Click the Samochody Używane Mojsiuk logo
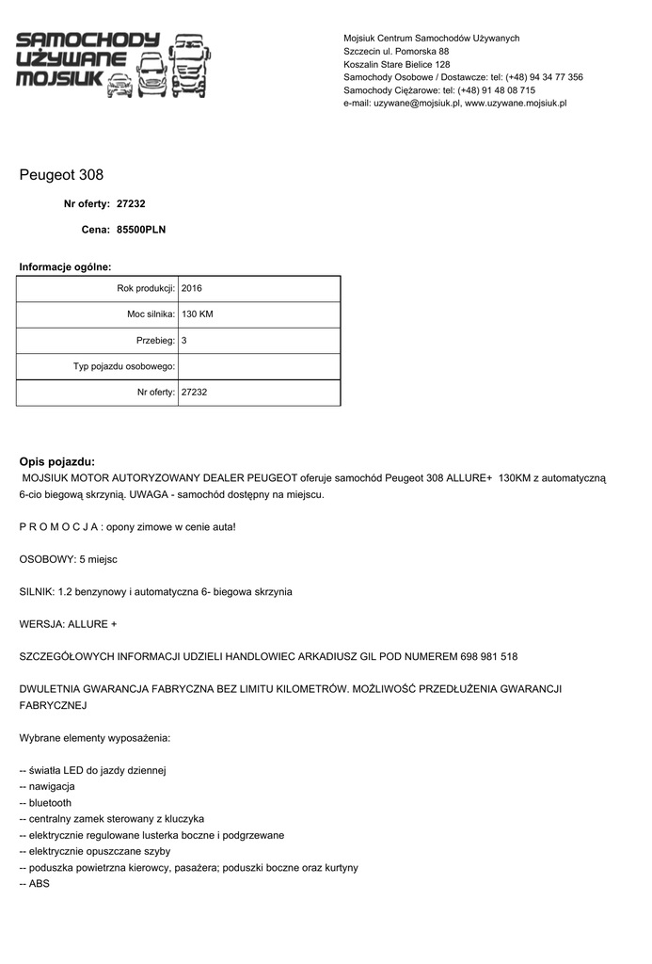113,64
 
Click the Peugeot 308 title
61,175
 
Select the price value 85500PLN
141,229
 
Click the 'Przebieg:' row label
155,340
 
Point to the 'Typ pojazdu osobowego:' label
124,366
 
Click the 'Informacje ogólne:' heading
65,267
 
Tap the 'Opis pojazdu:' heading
57,461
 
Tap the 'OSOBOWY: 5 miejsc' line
68,559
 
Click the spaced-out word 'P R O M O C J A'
59,526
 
